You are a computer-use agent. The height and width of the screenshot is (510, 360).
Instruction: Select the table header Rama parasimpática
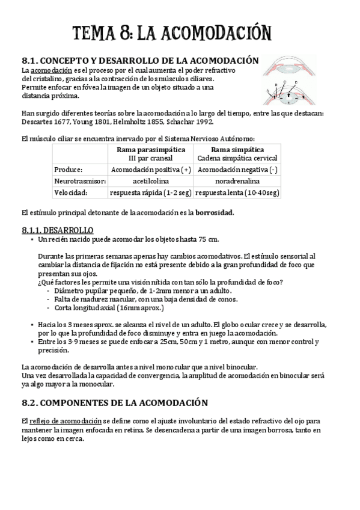[150, 149]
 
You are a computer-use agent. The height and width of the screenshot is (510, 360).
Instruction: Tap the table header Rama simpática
[237, 149]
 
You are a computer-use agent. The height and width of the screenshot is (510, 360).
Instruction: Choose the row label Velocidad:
[70, 192]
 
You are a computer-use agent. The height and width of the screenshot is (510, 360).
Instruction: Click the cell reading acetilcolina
[150, 181]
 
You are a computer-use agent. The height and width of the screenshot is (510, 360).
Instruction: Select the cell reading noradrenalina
[237, 181]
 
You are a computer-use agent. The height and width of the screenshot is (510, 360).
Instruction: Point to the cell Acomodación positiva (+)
[150, 170]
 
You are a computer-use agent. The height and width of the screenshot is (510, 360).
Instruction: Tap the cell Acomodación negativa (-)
[237, 170]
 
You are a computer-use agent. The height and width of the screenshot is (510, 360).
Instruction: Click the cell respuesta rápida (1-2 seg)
[150, 192]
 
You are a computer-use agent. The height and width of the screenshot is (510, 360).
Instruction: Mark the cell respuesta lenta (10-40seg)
[237, 192]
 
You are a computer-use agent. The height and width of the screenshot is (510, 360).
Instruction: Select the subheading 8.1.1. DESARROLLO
[57, 230]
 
